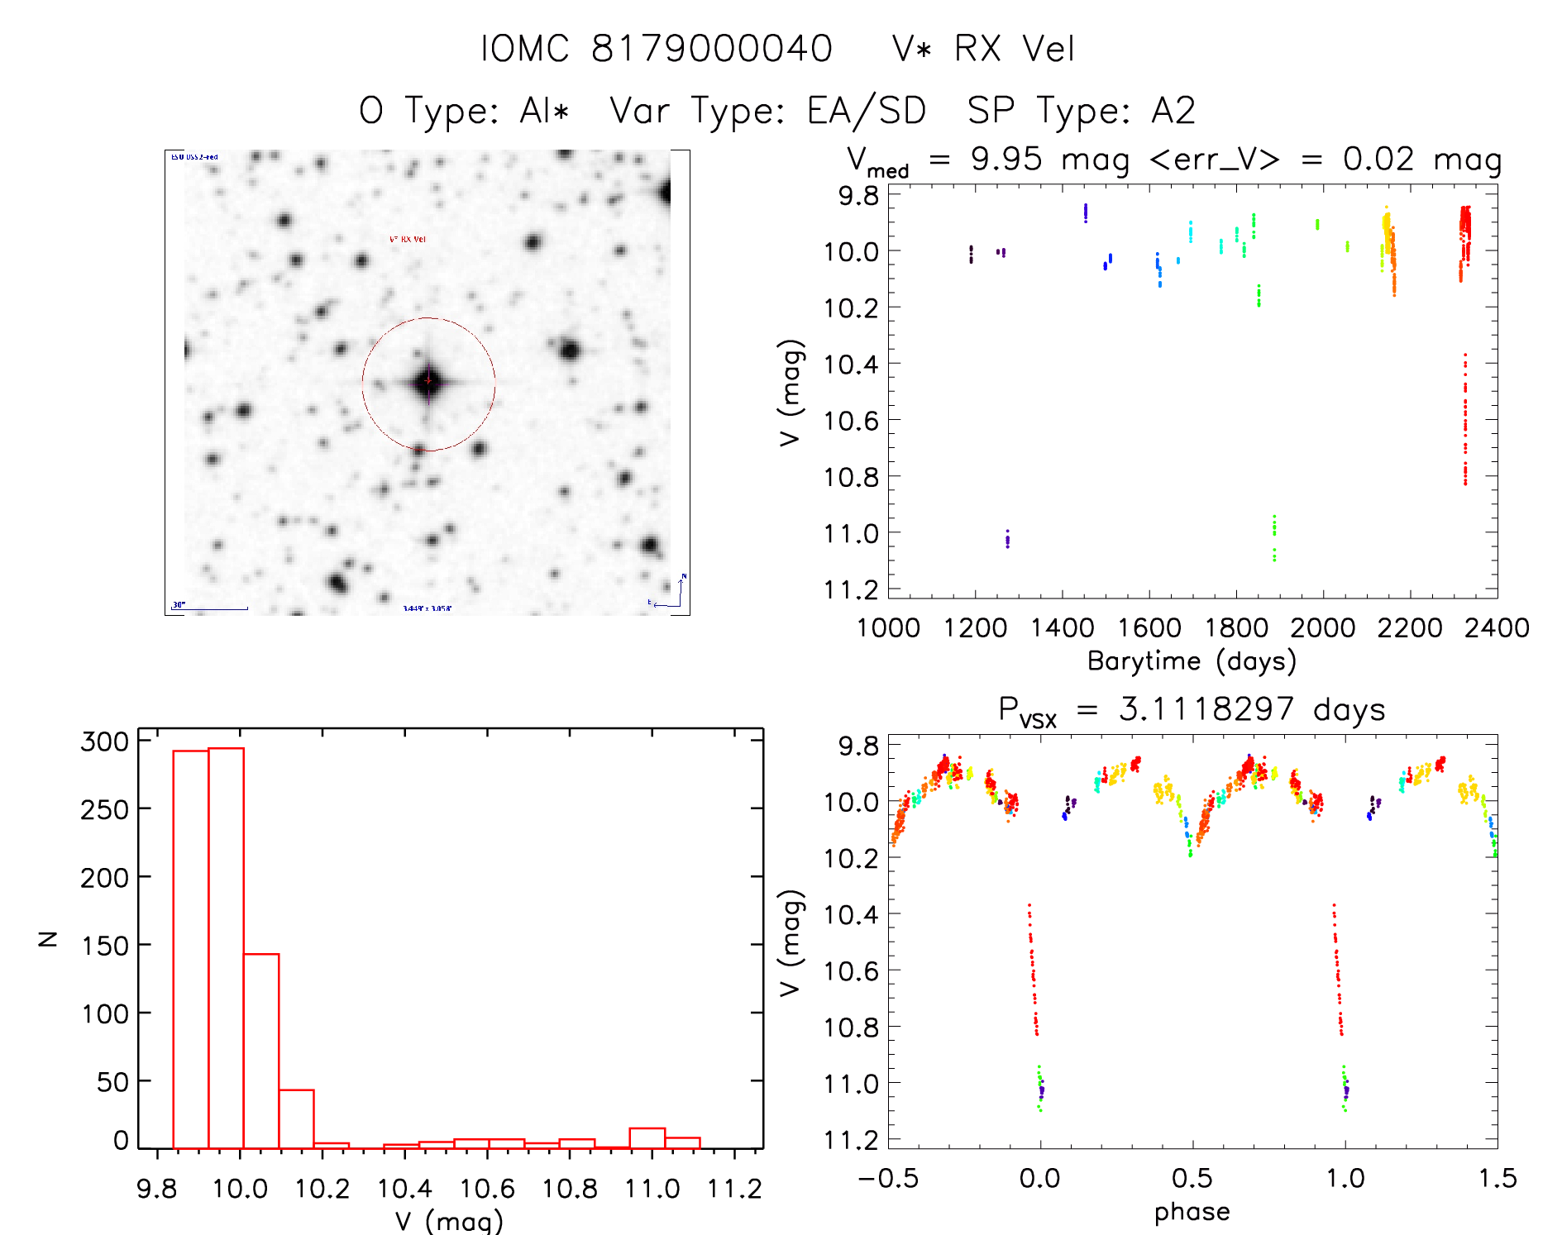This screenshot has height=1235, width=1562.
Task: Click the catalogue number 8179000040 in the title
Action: [x=711, y=49]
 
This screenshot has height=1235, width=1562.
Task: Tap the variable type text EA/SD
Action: [x=867, y=111]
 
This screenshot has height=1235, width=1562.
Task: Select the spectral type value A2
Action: [x=1173, y=111]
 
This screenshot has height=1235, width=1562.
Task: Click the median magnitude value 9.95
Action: [x=1006, y=159]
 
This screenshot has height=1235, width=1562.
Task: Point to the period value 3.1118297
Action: [x=1206, y=709]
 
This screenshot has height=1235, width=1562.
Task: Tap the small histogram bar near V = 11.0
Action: [x=647, y=1138]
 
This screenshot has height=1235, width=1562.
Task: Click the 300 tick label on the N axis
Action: [x=105, y=741]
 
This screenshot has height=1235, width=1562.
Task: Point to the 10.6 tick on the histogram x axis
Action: [x=487, y=1189]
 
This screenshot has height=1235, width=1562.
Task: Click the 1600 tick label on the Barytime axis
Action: [x=1149, y=627]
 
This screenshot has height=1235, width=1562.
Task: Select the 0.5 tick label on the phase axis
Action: [x=1192, y=1178]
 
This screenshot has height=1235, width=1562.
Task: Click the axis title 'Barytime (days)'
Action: [x=1192, y=660]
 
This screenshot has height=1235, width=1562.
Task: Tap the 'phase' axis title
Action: [x=1192, y=1211]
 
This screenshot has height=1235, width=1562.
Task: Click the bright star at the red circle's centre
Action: [x=428, y=381]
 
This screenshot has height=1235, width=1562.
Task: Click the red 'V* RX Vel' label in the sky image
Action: [x=408, y=240]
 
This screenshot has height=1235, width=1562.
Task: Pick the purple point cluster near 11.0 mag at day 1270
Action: [x=1007, y=539]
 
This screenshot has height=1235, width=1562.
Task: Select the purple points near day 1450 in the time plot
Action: [x=1086, y=212]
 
